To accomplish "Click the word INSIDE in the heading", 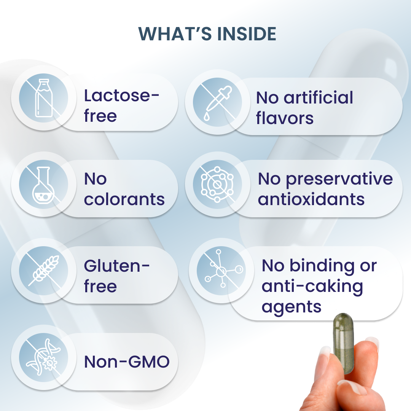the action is click(x=247, y=34).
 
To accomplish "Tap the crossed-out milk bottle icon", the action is click(x=44, y=98).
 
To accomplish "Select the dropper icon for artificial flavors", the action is click(x=218, y=102).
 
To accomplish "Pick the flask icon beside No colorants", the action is click(x=43, y=185).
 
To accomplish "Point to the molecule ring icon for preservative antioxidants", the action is click(x=217, y=184).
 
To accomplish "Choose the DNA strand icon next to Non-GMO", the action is click(x=43, y=357).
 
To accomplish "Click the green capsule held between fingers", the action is click(x=343, y=343).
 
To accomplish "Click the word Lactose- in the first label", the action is click(x=121, y=96).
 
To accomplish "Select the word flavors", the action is click(x=285, y=118).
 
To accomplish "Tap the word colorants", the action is click(x=124, y=199).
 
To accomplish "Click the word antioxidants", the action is click(x=311, y=199).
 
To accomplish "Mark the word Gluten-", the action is click(x=117, y=266).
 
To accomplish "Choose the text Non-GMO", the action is click(x=127, y=362).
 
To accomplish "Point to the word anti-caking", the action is click(x=312, y=287).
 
